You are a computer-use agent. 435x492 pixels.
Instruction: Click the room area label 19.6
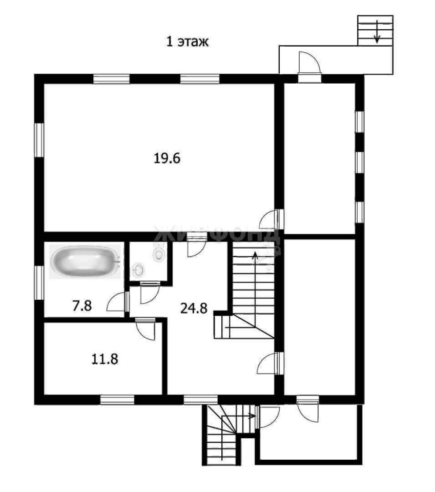point(167,158)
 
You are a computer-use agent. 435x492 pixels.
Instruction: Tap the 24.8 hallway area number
point(194,308)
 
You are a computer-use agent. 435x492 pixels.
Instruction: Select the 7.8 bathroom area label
point(82,305)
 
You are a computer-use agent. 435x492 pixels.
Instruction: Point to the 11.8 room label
point(105,359)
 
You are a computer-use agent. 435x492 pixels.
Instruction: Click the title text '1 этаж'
point(187,42)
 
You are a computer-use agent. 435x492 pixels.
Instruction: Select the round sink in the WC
point(138,269)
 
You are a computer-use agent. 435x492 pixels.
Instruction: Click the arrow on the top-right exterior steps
point(377,31)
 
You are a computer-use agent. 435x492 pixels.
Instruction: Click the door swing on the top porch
point(309,62)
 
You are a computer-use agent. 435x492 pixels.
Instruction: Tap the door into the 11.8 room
point(146,329)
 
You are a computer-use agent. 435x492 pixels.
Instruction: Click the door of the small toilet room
point(149,293)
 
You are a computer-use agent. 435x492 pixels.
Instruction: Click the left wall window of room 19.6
point(39,140)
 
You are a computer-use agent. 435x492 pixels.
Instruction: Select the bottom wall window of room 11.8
point(117,399)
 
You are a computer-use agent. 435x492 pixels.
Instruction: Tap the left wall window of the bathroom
point(39,283)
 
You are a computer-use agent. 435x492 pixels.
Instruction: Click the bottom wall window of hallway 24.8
point(201,399)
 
